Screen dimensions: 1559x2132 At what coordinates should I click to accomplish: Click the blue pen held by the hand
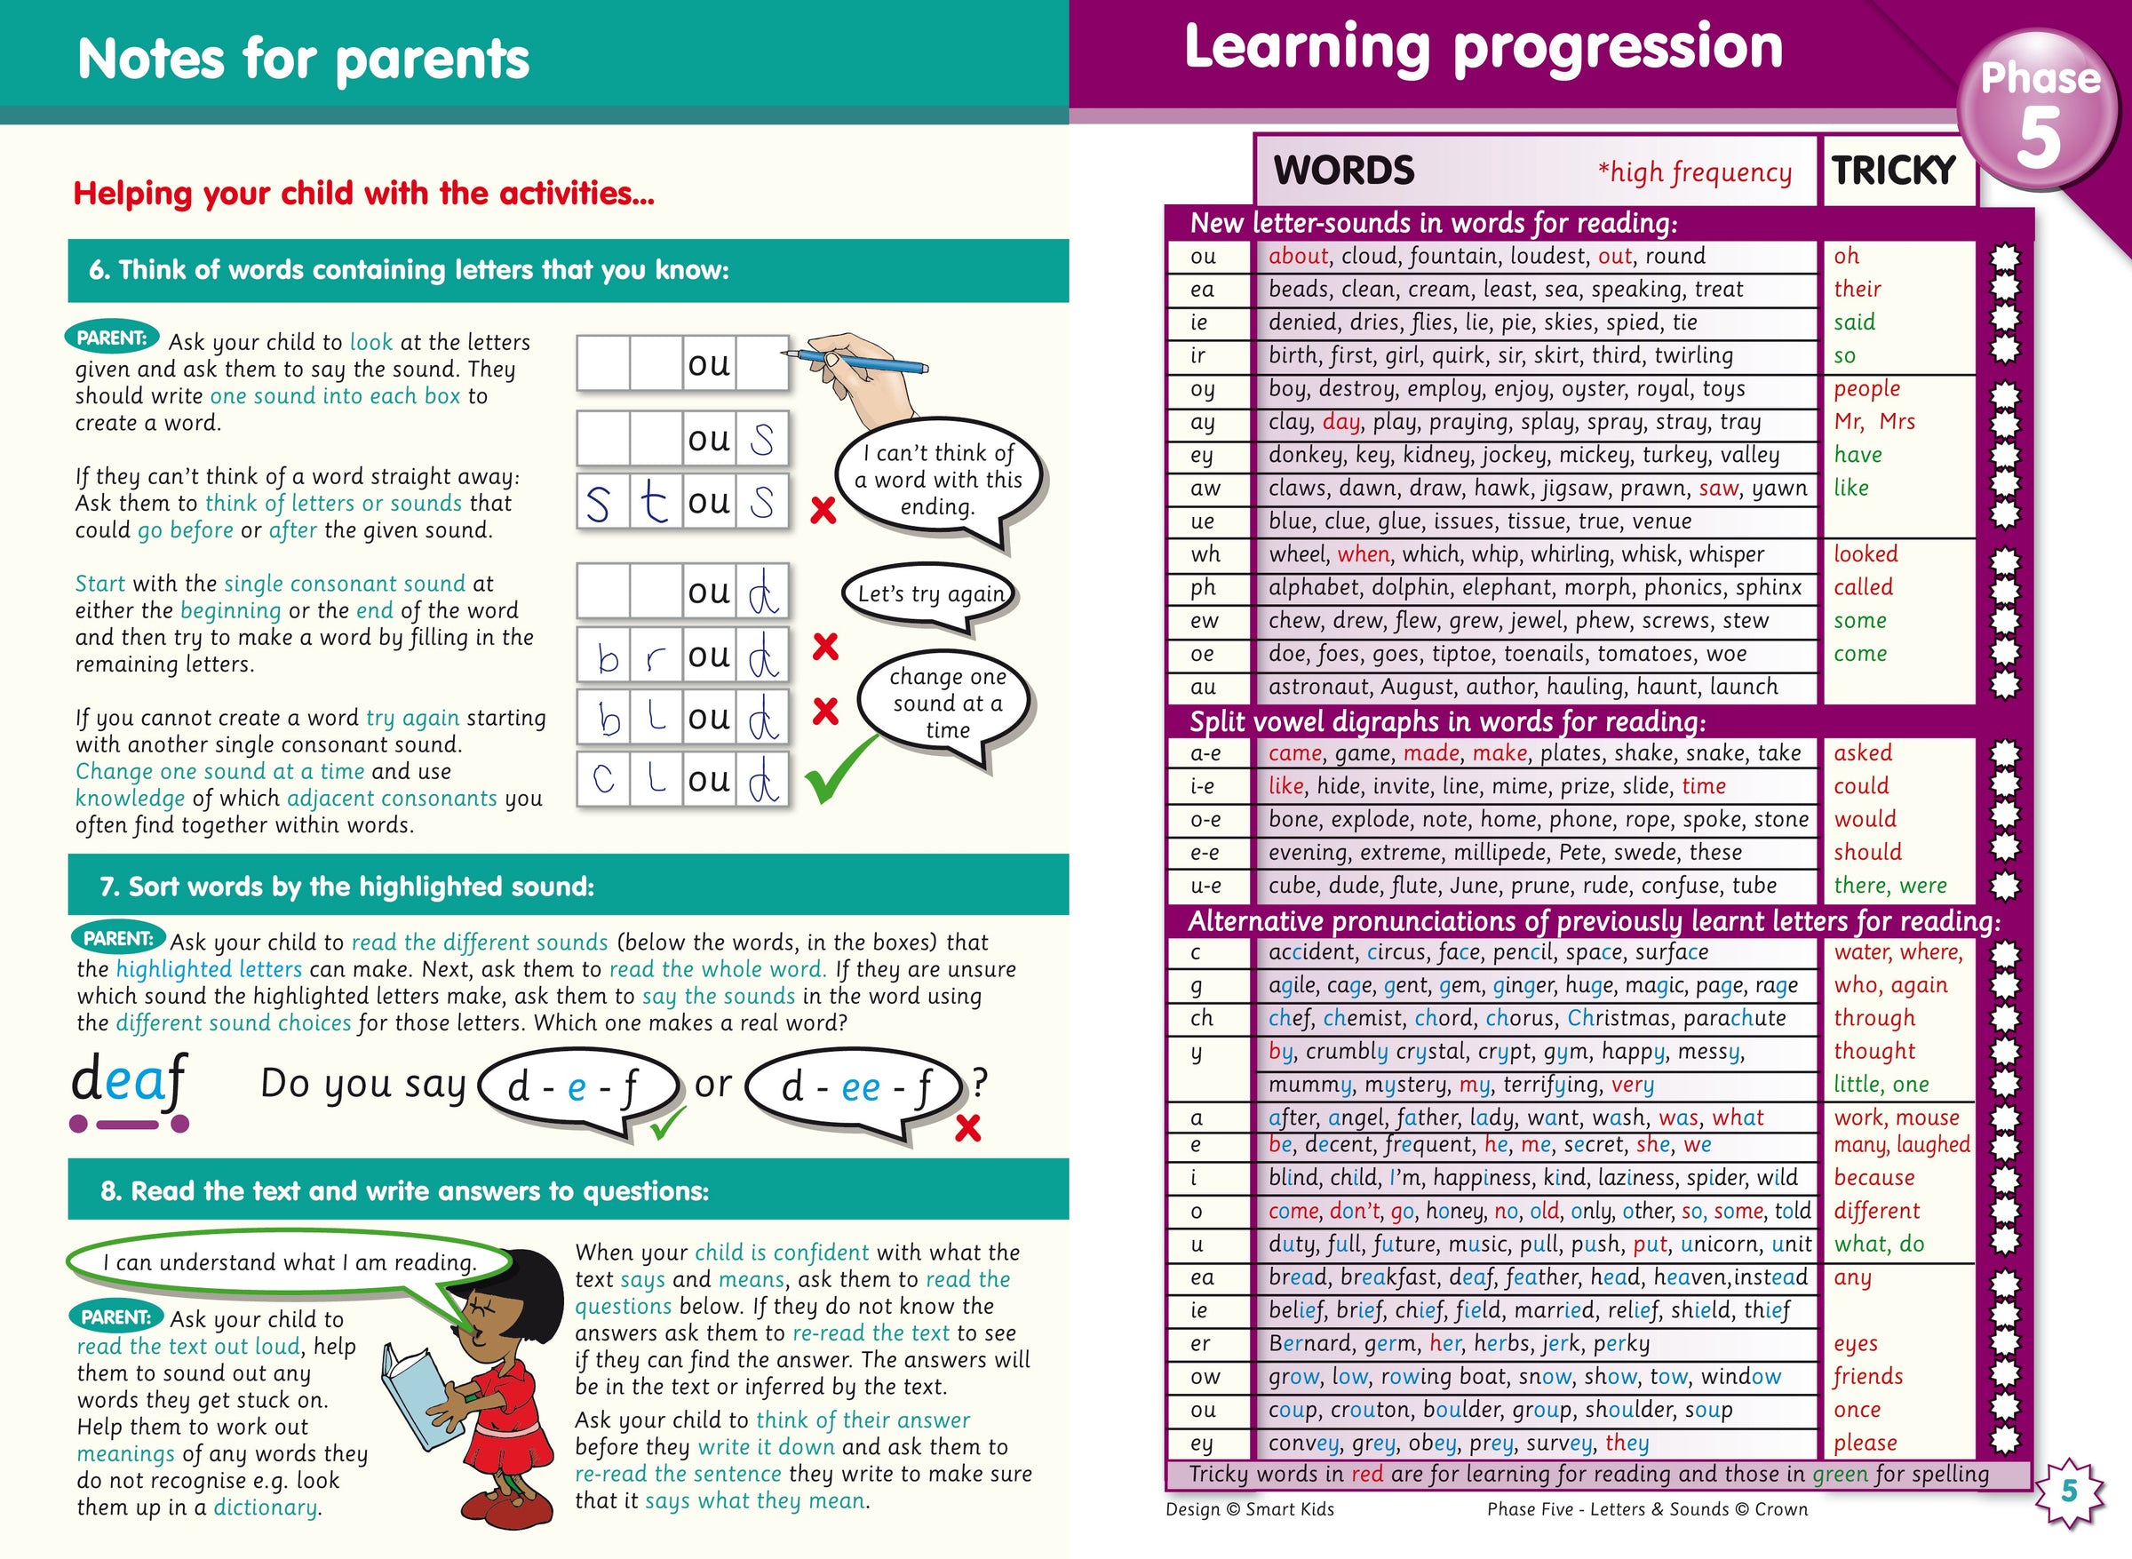(854, 360)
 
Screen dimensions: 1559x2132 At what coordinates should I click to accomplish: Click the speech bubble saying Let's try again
(931, 593)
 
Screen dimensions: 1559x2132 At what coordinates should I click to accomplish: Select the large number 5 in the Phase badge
(2039, 138)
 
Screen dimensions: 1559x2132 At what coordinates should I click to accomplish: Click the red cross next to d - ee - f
(967, 1128)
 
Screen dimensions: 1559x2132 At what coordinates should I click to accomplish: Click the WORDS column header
(1343, 171)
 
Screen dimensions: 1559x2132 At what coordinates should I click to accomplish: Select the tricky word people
(1866, 389)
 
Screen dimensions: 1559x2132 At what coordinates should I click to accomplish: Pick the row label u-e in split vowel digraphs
(1205, 885)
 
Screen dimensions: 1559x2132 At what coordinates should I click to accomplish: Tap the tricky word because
(1873, 1178)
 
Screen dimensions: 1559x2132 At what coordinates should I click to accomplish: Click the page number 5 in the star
(2069, 1491)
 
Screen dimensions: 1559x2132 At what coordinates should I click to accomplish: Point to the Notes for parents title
(303, 59)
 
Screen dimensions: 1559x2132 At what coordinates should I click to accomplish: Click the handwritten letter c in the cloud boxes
(603, 780)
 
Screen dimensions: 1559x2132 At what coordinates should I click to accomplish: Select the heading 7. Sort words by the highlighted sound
(347, 887)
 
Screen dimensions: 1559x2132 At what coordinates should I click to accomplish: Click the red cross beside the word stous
(823, 511)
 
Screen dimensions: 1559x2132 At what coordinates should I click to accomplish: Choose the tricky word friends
(1868, 1377)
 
